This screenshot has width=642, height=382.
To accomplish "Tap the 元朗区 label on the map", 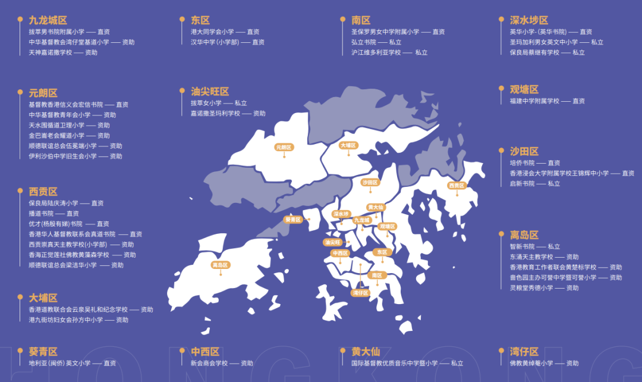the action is pyautogui.click(x=284, y=147).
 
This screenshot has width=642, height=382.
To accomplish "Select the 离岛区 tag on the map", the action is pyautogui.click(x=220, y=265).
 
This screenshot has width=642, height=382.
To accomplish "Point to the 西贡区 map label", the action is pyautogui.click(x=457, y=186).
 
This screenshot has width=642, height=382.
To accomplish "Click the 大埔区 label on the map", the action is pyautogui.click(x=348, y=145).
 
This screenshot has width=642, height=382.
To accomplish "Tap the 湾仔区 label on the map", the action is pyautogui.click(x=360, y=293).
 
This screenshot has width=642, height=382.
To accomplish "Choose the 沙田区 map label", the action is pyautogui.click(x=370, y=183).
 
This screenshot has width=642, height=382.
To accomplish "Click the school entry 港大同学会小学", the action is pyautogui.click(x=212, y=32).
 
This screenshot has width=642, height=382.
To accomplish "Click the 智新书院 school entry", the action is pyautogui.click(x=522, y=246).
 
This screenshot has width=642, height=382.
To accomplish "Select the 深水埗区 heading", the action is pyautogui.click(x=529, y=20).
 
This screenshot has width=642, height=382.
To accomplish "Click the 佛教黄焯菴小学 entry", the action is pyautogui.click(x=531, y=363).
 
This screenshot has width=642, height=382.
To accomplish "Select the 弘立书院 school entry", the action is pyautogui.click(x=363, y=42).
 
